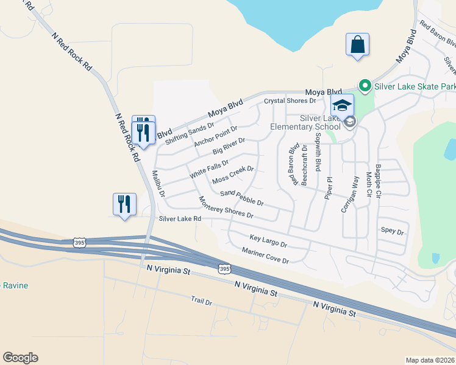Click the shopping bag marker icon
[357, 45]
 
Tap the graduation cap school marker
[342, 105]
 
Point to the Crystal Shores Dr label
[290, 100]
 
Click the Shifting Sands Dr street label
[190, 133]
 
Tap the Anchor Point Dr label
[215, 136]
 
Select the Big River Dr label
[229, 146]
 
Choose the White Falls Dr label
[209, 168]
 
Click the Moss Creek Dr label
[233, 175]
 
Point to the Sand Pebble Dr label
[241, 197]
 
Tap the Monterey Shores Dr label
[226, 207]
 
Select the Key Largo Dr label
[268, 240]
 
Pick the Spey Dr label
[393, 232]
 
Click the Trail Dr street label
[201, 301]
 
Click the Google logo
[20, 358]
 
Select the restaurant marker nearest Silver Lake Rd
[124, 204]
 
